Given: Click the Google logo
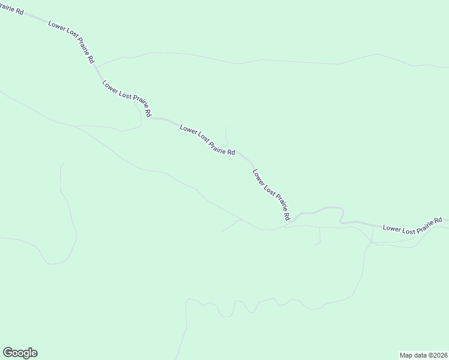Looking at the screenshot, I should point(20,353).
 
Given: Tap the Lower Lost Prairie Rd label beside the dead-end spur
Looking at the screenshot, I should point(207,140).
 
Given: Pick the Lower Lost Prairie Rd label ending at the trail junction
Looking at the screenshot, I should point(272,193).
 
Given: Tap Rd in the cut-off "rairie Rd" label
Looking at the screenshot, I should point(19,11).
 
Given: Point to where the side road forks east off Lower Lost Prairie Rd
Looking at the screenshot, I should point(97,65).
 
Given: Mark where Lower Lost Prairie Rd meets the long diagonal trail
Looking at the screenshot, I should point(285,227).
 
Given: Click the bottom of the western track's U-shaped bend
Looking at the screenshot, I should point(55,263).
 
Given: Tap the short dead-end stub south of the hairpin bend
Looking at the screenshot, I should point(319,236).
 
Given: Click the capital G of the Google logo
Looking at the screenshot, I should point(7,353).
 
